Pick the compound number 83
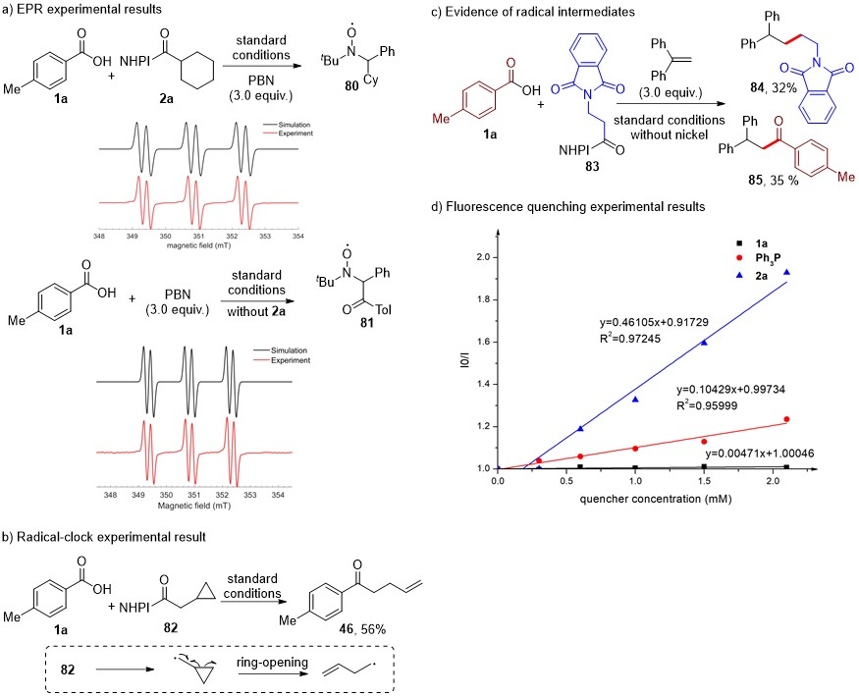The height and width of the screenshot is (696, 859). coord(601,181)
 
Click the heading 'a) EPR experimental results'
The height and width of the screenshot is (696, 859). coord(76,10)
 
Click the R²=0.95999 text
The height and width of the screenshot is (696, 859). coord(740,402)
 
